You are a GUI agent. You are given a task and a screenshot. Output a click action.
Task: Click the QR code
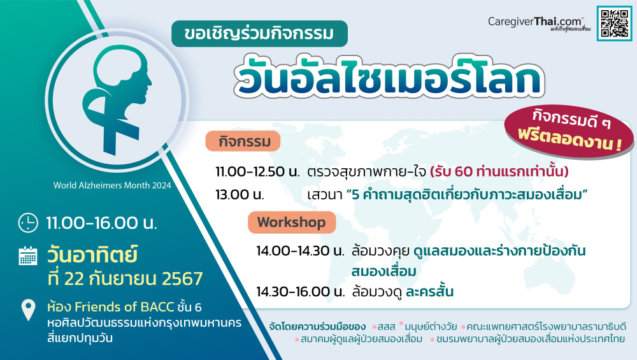[x=614, y=23]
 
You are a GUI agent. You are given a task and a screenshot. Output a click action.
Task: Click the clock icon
[x=28, y=222]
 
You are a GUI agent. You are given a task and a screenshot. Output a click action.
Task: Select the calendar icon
[x=28, y=256]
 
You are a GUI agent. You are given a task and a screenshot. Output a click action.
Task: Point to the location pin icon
[x=28, y=310]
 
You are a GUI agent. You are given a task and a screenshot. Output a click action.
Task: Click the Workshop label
[x=292, y=222]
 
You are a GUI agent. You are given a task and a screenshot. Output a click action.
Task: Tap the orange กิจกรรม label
[x=243, y=141]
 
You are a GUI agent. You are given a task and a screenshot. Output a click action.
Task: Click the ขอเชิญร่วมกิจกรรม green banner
[x=260, y=34]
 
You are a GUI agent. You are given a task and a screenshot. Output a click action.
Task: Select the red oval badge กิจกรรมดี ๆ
[x=569, y=131]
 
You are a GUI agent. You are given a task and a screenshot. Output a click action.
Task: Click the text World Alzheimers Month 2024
[x=112, y=185]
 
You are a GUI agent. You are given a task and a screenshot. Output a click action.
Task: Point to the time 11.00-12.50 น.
[x=257, y=171]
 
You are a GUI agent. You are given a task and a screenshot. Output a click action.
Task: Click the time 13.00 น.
[x=240, y=194]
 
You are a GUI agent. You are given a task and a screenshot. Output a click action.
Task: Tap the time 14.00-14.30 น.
[x=300, y=250]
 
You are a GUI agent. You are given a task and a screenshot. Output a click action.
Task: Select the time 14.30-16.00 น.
[x=300, y=291]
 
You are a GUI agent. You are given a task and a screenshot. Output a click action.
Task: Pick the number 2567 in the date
[x=182, y=278]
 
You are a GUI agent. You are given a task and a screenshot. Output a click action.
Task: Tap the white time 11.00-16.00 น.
[x=101, y=223]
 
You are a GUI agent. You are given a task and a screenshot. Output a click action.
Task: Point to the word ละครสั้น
[x=429, y=291]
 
